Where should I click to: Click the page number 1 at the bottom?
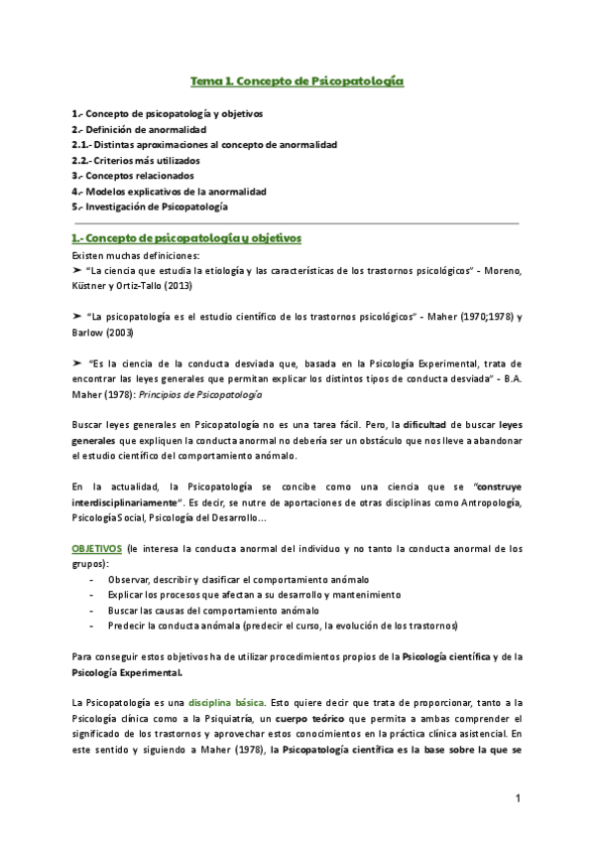tap(518, 798)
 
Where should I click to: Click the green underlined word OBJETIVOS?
tap(96, 549)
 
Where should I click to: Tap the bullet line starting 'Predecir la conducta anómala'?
tap(284, 626)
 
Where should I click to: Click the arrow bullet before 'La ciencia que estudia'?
tap(78, 270)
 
